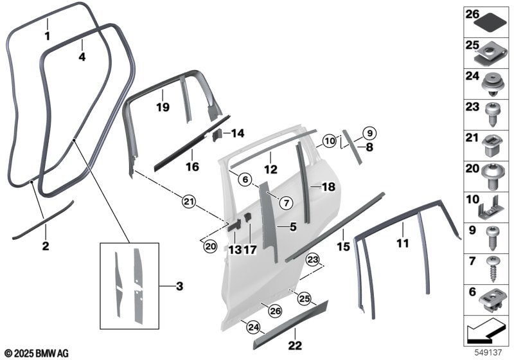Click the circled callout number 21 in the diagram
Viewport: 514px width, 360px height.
[188, 203]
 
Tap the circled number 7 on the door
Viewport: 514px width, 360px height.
[287, 203]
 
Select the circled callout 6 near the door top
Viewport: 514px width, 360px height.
[244, 181]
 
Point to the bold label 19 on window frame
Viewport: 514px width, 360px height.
[163, 107]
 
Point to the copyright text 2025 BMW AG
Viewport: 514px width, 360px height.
[36, 353]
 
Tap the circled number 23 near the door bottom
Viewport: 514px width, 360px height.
[313, 260]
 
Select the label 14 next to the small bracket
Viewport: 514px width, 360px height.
[238, 134]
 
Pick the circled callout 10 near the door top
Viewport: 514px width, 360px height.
[329, 139]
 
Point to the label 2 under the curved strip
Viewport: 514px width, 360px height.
[45, 246]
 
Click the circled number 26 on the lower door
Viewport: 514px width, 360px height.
[275, 310]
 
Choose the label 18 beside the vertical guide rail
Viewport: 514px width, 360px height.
[328, 186]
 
